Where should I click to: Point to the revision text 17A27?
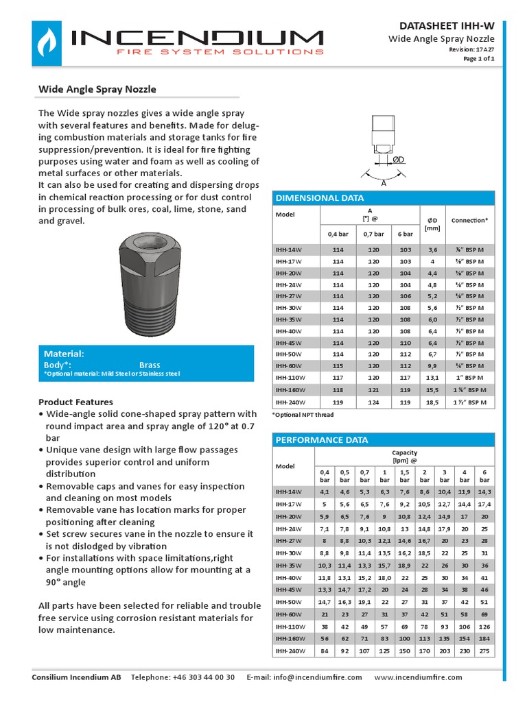coord(486,49)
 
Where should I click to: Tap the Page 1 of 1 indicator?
coord(478,59)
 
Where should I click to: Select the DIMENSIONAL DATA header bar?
coord(383,198)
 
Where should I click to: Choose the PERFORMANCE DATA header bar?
coord(383,439)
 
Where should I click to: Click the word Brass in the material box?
coord(150,365)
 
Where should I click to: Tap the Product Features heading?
coord(75,402)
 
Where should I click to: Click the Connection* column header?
coord(469,220)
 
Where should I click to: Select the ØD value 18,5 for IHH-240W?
coord(432,402)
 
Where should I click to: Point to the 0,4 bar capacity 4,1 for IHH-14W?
coord(325,492)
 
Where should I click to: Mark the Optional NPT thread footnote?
coord(303,415)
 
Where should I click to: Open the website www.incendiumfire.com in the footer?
coord(419,677)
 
